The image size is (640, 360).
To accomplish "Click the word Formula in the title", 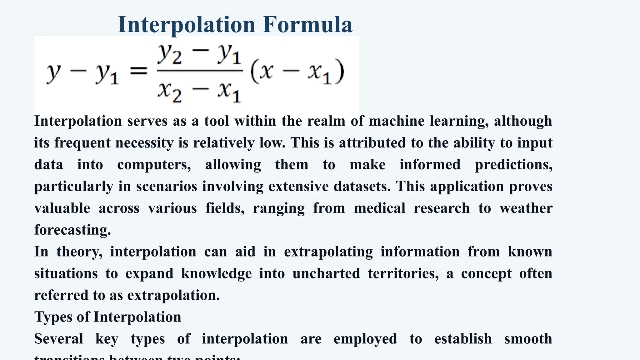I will [x=307, y=24].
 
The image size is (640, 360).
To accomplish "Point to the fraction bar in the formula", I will [x=200, y=71].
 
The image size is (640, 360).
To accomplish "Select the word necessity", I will [x=144, y=143].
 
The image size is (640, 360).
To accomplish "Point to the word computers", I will [x=154, y=165].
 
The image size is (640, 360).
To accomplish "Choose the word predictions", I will [x=513, y=165].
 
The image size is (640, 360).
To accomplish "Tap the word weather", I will [x=526, y=208].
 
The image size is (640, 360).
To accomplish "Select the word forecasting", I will [x=72, y=230].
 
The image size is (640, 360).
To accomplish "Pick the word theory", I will [x=79, y=252].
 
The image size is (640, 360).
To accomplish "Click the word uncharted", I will [x=326, y=273].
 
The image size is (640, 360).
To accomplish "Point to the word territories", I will [x=403, y=273].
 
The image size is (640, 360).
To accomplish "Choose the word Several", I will [x=59, y=339].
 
